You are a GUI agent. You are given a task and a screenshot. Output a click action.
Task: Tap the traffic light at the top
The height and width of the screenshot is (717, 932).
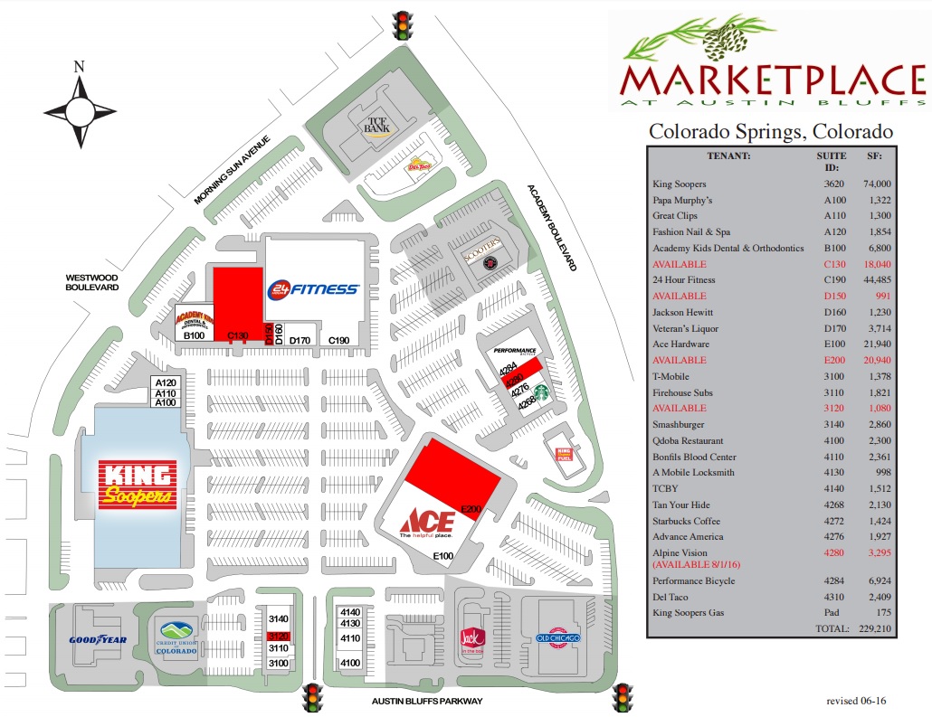pos(400,24)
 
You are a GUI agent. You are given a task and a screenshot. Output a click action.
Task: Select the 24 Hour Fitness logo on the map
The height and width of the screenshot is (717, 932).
pos(313,288)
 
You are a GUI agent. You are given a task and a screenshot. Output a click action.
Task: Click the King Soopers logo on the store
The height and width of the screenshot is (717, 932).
pos(138,486)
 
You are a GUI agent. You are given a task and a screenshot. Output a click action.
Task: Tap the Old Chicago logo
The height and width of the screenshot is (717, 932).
pos(557,637)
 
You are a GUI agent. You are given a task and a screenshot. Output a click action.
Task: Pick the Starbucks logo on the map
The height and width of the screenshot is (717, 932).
pos(541,392)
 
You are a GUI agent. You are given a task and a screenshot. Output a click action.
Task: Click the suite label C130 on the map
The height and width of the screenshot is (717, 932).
pos(237,335)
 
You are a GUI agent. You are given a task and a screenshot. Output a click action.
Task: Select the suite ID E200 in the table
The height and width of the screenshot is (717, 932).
pos(834,360)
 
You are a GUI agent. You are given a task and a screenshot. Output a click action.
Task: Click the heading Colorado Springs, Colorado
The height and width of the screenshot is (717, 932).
pos(771,132)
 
